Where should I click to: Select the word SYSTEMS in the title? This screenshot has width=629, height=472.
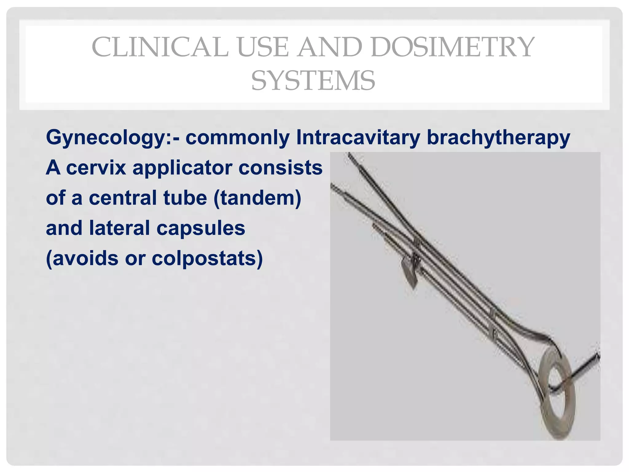click(x=313, y=81)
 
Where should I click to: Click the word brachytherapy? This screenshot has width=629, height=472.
click(x=498, y=137)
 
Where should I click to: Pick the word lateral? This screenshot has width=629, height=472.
click(x=119, y=228)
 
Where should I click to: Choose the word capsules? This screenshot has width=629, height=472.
click(x=201, y=228)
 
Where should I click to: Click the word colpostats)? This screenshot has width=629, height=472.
click(x=207, y=258)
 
